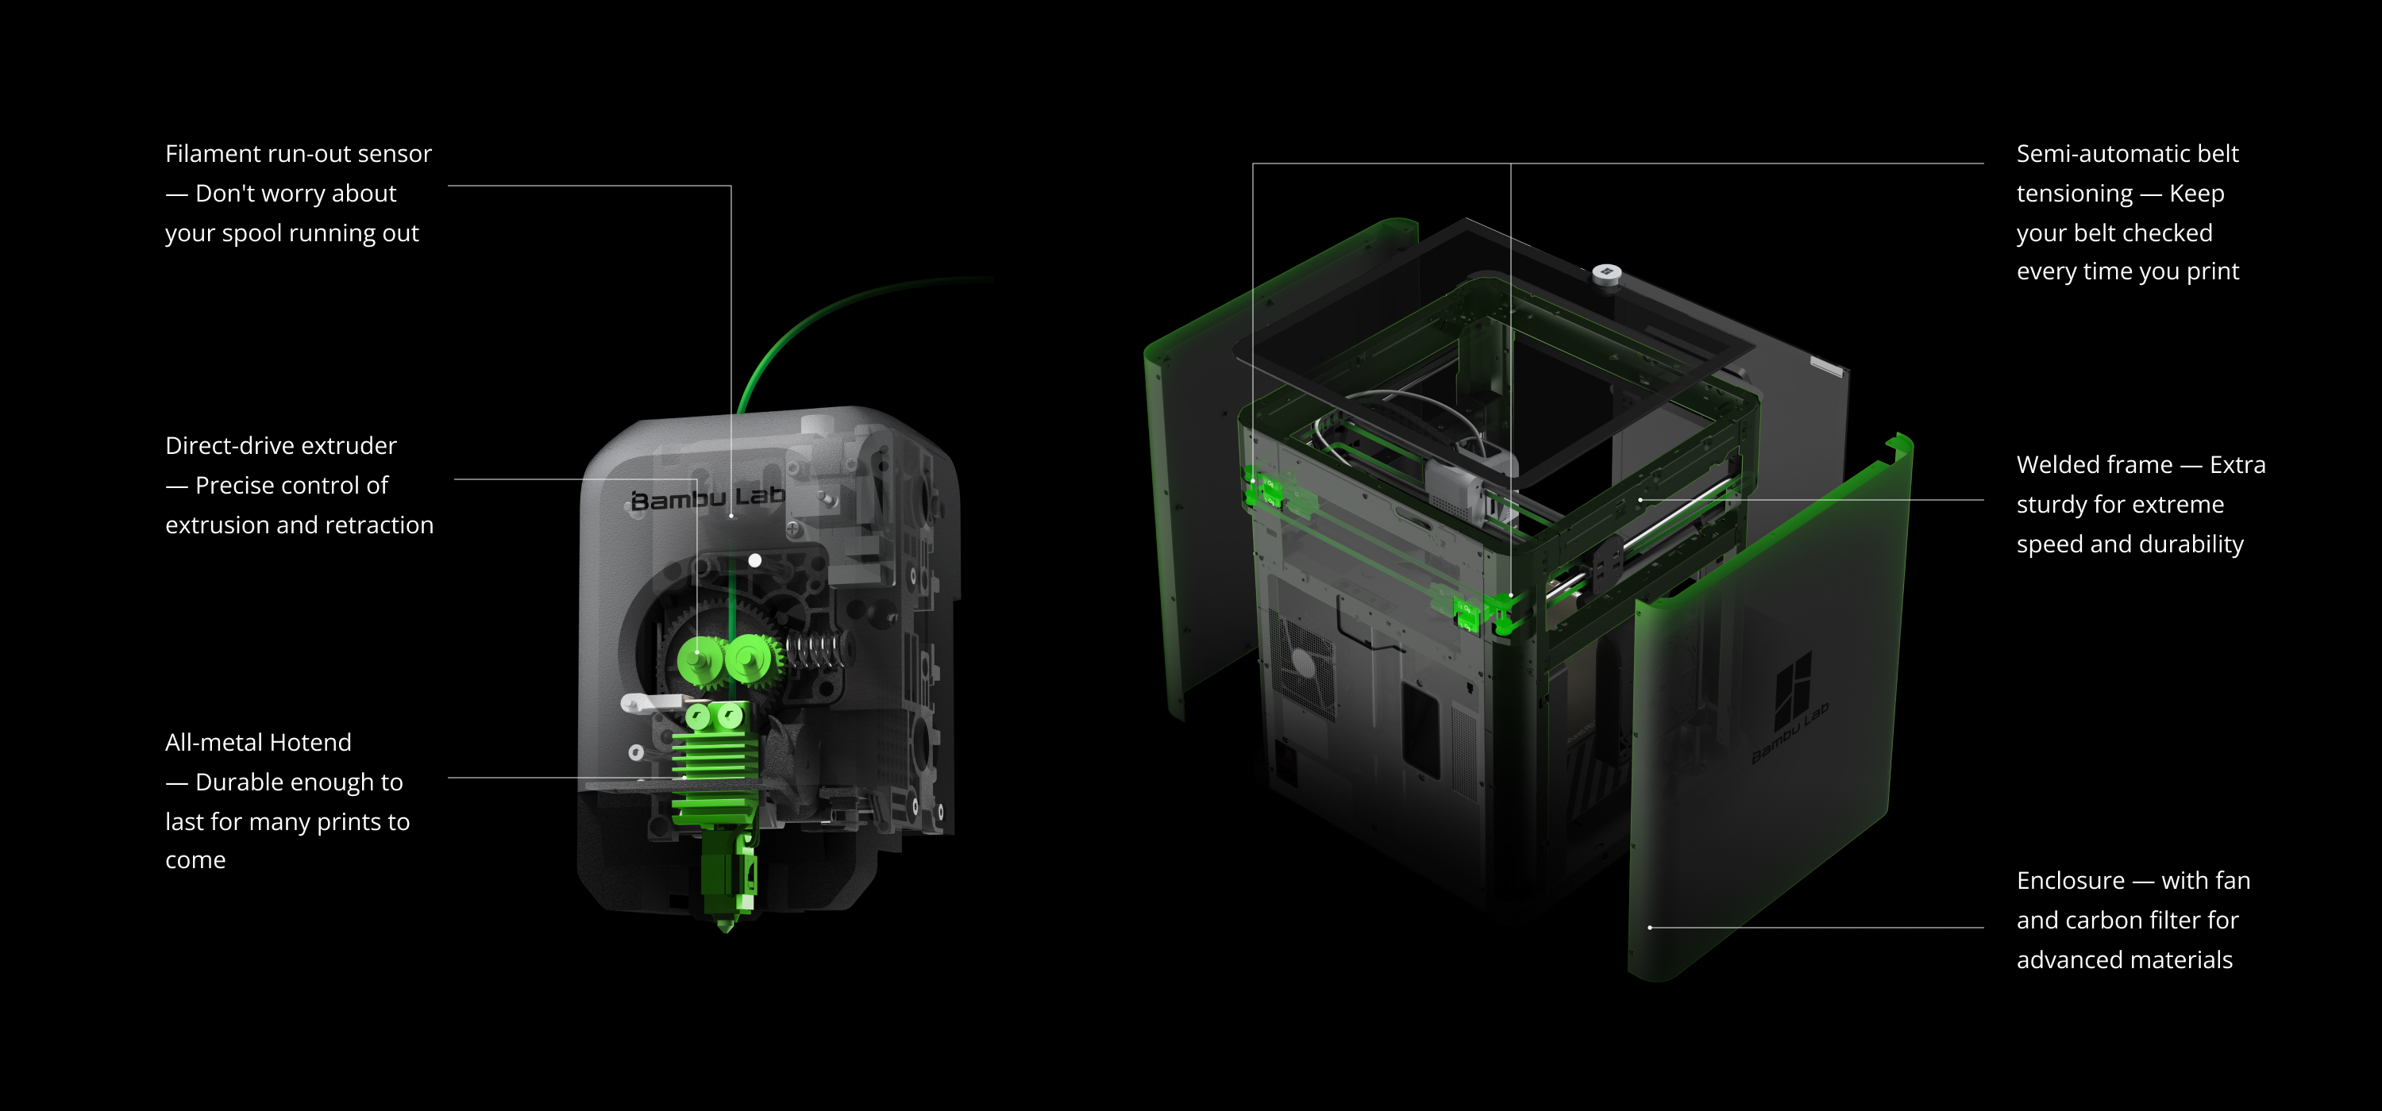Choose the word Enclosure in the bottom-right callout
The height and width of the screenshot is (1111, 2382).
click(x=2069, y=880)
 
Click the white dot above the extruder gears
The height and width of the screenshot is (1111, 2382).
click(x=754, y=560)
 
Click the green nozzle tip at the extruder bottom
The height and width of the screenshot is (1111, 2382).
click(x=725, y=921)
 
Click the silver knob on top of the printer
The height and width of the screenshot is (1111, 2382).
click(x=1606, y=273)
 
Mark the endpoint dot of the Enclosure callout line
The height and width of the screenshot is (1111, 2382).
click(x=1650, y=927)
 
